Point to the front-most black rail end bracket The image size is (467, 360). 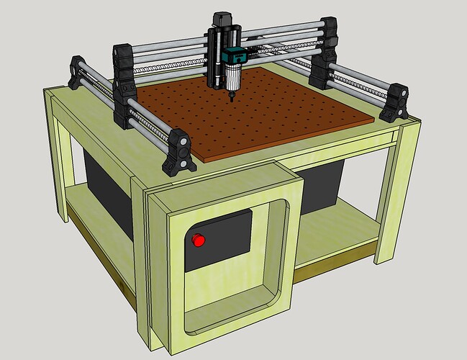[178, 152]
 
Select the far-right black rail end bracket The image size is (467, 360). [394, 103]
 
